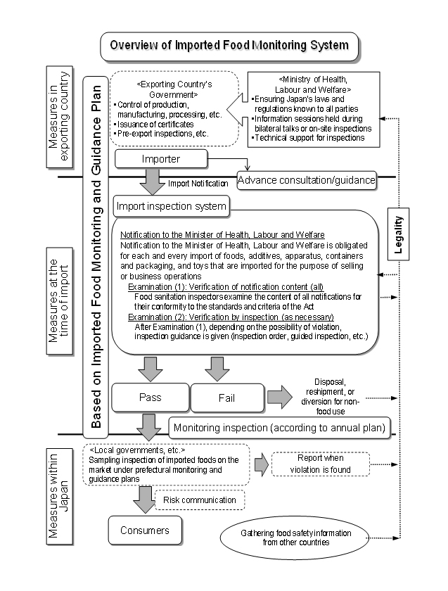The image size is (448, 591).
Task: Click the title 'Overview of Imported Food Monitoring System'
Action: coord(230,46)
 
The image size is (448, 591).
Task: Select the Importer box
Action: coord(162,158)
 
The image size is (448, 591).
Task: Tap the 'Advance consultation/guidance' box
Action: coord(306,180)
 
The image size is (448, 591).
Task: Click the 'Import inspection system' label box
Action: coord(172,206)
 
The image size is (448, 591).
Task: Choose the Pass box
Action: coord(151,398)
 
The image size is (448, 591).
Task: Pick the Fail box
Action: coord(226,398)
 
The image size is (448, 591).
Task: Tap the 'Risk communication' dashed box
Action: coord(199,500)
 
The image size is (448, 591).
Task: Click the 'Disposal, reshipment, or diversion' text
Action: coord(331,394)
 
